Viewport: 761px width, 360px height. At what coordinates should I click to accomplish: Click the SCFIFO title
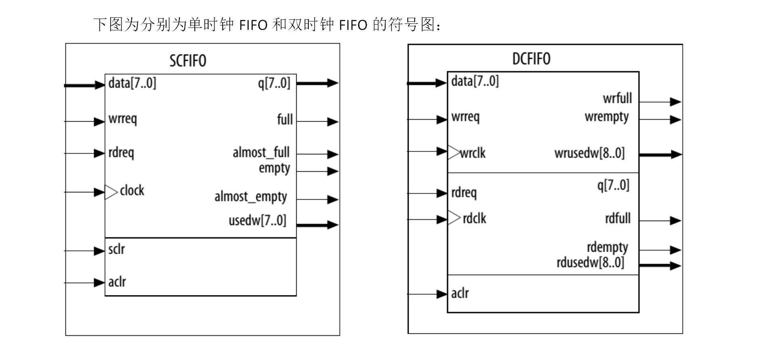click(188, 61)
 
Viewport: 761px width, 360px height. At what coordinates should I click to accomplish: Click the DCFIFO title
click(531, 59)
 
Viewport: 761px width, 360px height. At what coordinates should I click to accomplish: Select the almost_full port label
click(261, 152)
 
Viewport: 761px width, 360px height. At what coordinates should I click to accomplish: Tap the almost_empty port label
click(251, 197)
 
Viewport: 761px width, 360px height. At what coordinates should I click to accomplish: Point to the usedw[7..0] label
click(257, 221)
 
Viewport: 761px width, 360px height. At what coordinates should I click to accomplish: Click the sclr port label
click(116, 249)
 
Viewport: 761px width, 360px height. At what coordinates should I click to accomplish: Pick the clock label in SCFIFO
click(132, 190)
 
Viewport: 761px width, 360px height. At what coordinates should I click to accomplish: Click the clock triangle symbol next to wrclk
click(454, 153)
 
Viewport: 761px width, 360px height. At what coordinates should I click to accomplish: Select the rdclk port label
click(474, 219)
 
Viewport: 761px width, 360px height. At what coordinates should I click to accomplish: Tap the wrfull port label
click(617, 99)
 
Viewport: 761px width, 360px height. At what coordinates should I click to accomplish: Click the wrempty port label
click(607, 117)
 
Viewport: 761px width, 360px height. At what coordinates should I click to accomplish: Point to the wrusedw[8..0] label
click(589, 153)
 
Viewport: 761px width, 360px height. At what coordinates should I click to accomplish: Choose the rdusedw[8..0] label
click(590, 263)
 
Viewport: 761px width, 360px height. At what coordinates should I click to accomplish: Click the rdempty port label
click(607, 247)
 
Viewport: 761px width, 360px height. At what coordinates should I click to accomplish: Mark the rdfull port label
click(618, 219)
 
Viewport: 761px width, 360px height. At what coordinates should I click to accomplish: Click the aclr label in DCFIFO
click(460, 293)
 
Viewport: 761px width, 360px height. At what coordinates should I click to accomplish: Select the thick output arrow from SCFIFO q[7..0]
click(317, 83)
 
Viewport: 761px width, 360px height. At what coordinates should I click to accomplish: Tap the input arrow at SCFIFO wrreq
click(85, 121)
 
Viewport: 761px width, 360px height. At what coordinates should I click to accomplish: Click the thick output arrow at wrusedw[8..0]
click(660, 154)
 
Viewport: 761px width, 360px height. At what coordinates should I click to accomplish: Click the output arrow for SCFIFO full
click(317, 122)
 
